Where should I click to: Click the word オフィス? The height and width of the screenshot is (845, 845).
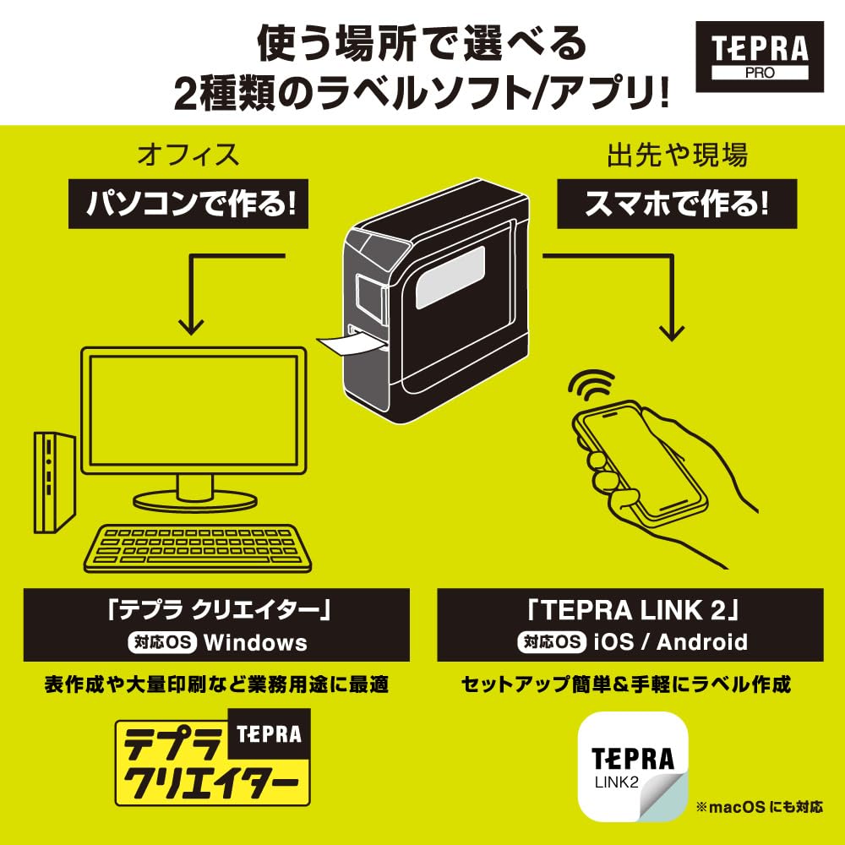188,155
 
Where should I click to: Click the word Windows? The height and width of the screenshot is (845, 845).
255,642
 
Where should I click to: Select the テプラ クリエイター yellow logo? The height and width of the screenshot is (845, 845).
212,756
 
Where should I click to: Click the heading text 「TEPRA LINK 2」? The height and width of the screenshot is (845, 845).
630,609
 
